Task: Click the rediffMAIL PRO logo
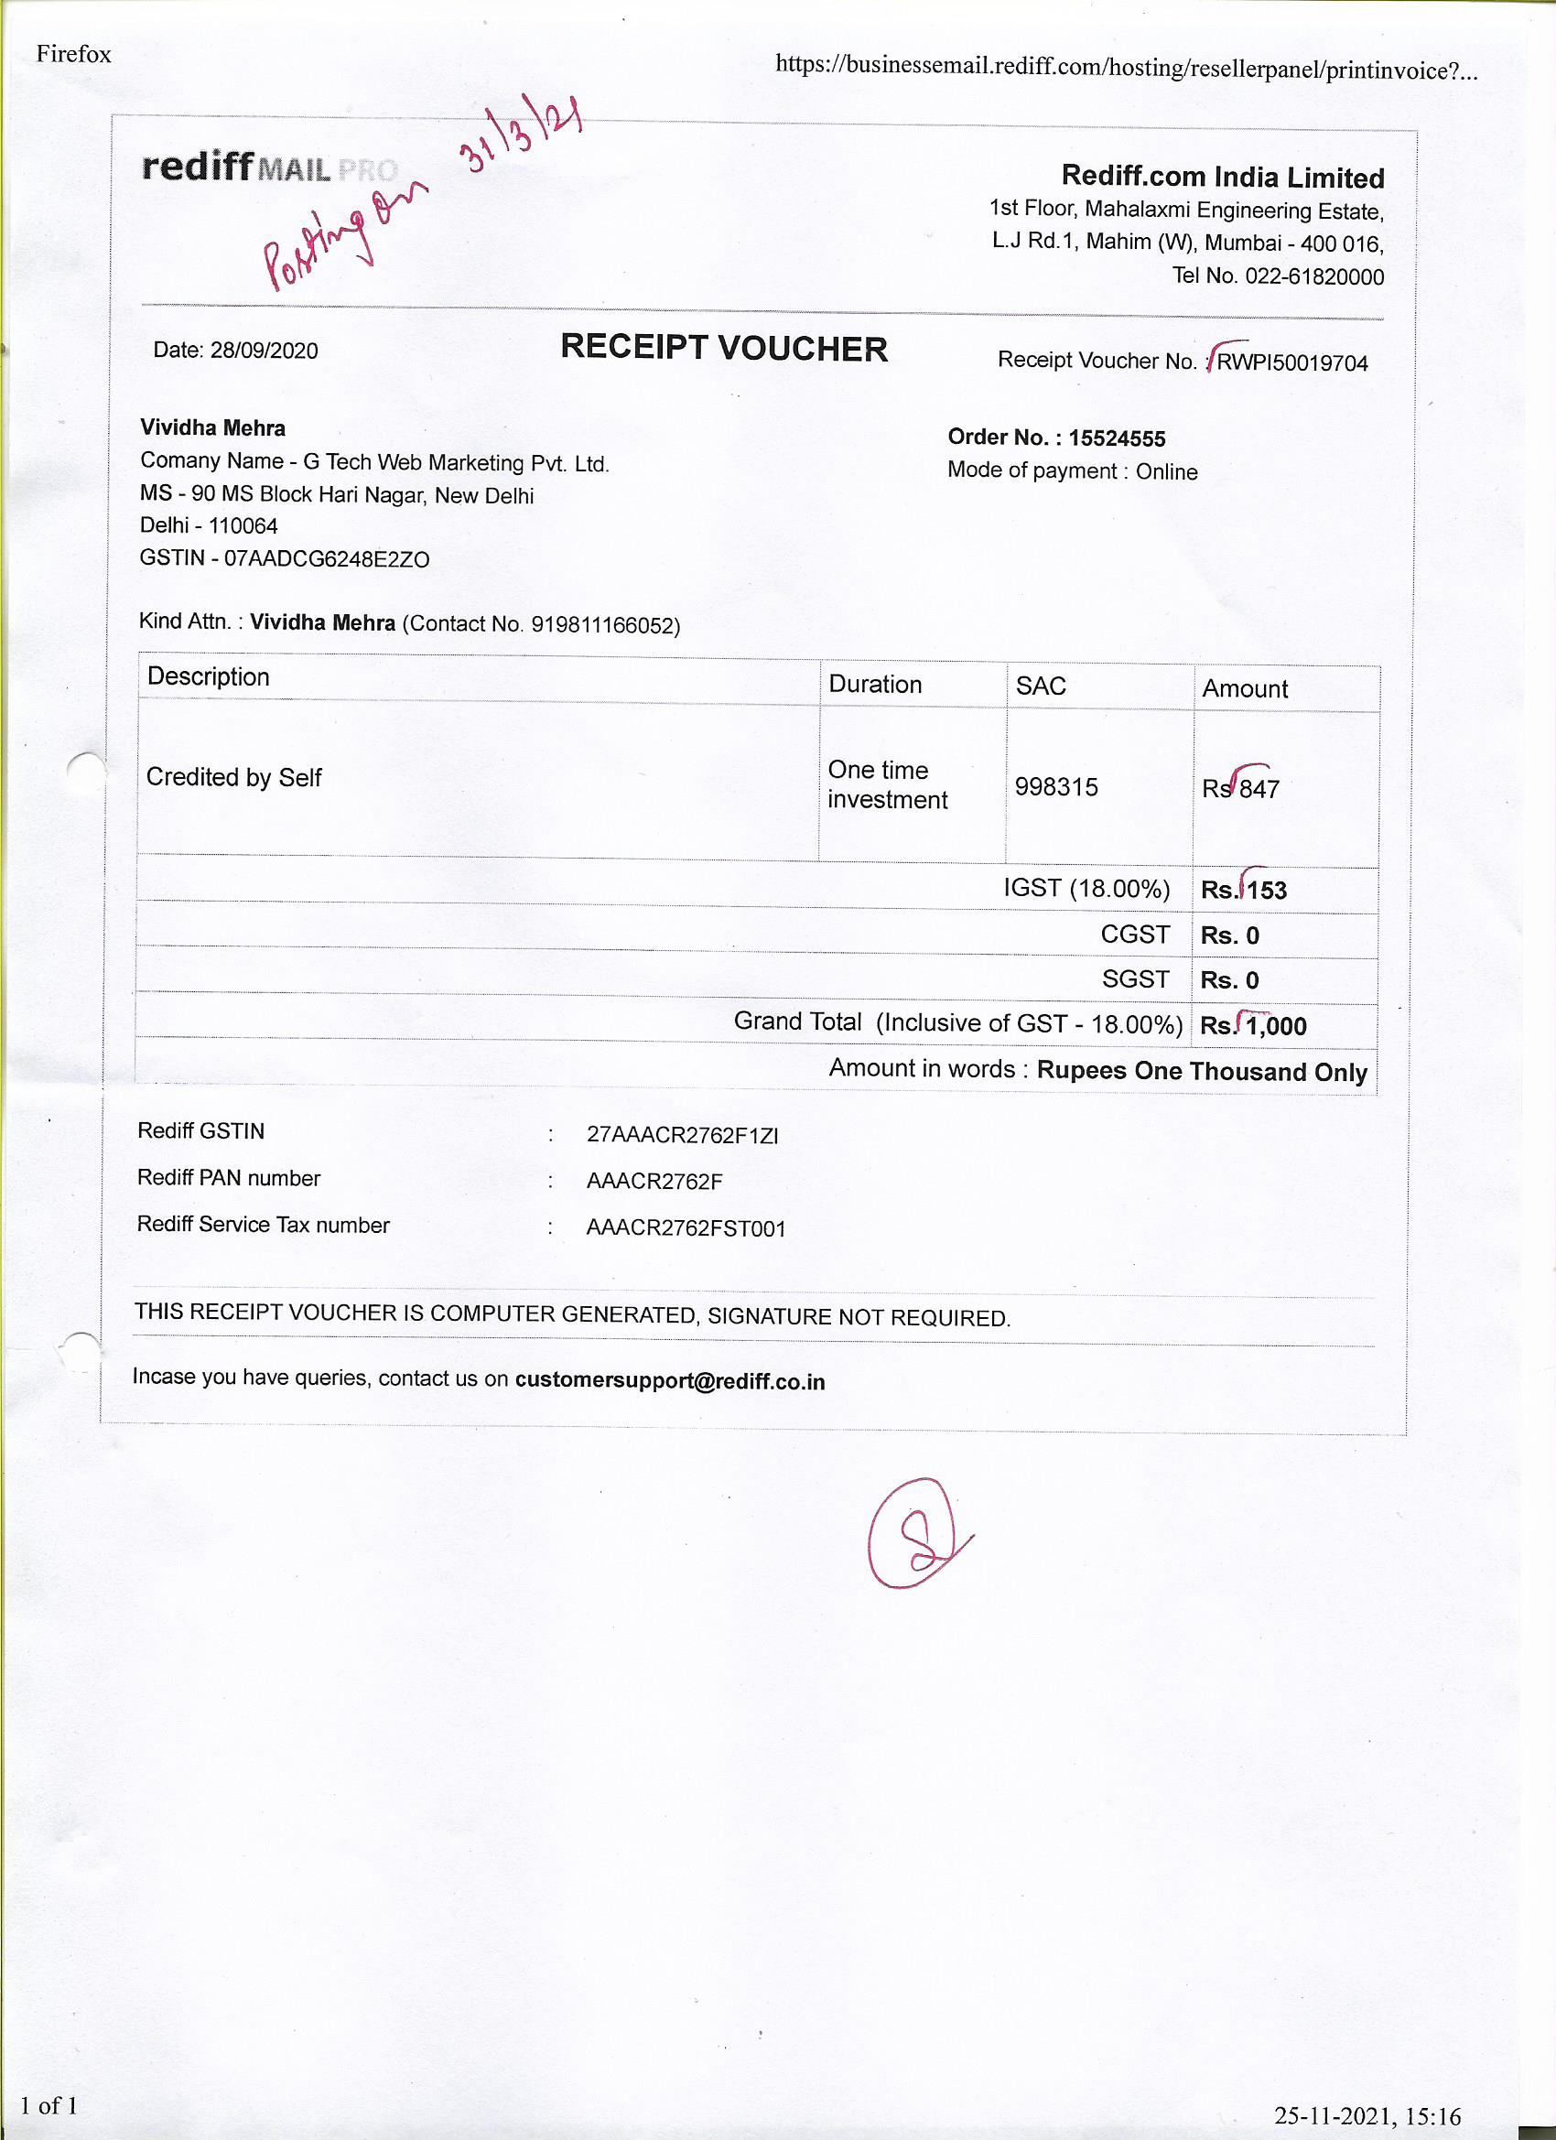click(269, 167)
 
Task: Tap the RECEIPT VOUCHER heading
click(723, 347)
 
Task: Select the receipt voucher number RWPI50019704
click(1291, 362)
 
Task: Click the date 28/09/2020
click(264, 350)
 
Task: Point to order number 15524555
click(1117, 438)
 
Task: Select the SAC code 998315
click(1056, 787)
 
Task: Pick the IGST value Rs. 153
click(1244, 890)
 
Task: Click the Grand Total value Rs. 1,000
click(1253, 1026)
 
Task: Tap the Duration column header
click(875, 684)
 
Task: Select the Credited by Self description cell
click(234, 777)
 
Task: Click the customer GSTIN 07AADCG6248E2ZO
click(327, 558)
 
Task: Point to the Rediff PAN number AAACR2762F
click(654, 1182)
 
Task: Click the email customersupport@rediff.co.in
click(669, 1381)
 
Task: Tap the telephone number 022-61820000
click(1314, 276)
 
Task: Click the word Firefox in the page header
click(73, 54)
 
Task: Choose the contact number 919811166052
click(603, 624)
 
